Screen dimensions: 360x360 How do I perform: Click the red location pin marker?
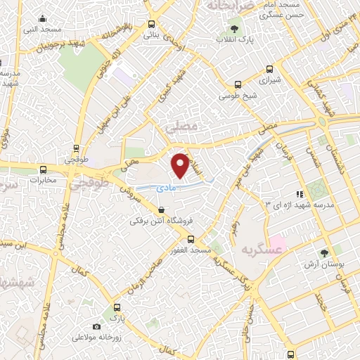pyautogui.click(x=181, y=165)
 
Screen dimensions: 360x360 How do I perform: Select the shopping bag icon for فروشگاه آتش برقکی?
pyautogui.click(x=162, y=210)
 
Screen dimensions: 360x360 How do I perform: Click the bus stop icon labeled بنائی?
pyautogui.click(x=150, y=22)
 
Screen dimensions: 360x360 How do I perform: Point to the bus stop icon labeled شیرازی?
pyautogui.click(x=269, y=70)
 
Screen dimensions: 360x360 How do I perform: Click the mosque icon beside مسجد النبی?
pyautogui.click(x=44, y=19)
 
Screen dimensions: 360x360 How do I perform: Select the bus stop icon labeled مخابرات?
pyautogui.click(x=44, y=169)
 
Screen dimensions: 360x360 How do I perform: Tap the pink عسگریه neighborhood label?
pyautogui.click(x=261, y=250)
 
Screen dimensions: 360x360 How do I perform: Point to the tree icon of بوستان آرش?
pyautogui.click(x=324, y=253)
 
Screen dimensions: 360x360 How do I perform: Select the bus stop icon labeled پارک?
pyautogui.click(x=117, y=307)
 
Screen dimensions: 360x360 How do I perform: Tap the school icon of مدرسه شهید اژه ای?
pyautogui.click(x=299, y=193)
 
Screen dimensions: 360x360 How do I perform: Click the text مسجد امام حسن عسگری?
pyautogui.click(x=279, y=9)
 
